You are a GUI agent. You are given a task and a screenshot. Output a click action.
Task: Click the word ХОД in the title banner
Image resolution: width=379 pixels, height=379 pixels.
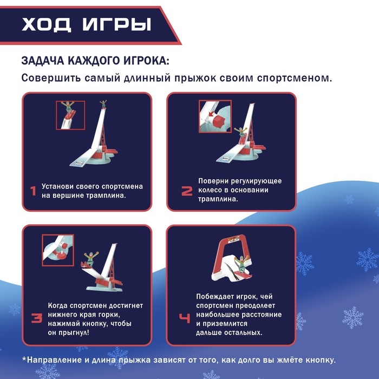pyautogui.click(x=45, y=25)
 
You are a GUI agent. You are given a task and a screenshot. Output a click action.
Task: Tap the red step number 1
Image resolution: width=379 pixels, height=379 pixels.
pyautogui.click(x=33, y=191)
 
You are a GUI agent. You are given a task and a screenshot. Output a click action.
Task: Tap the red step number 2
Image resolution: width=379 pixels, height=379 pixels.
pyautogui.click(x=186, y=191)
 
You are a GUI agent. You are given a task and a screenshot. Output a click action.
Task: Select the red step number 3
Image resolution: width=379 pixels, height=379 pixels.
pyautogui.click(x=36, y=318)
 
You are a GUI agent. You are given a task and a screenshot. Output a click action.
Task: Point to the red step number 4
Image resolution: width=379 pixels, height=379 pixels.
pyautogui.click(x=185, y=318)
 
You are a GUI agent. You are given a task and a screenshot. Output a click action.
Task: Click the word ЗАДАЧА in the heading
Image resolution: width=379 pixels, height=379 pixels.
pyautogui.click(x=45, y=60)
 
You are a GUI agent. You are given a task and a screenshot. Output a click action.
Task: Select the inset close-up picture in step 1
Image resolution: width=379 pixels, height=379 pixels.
pyautogui.click(x=70, y=114)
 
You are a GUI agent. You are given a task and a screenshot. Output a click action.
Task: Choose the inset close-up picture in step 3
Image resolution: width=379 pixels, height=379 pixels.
pyautogui.click(x=58, y=250)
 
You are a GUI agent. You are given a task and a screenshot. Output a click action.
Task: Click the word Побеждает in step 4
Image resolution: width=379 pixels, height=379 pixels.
pyautogui.click(x=218, y=297)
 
